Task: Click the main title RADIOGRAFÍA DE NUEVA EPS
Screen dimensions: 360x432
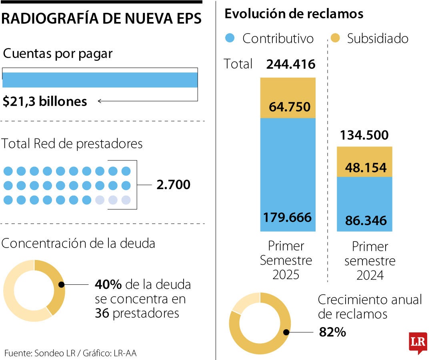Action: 102,19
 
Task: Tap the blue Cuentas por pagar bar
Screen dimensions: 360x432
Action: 100,80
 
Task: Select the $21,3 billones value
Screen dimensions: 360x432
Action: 45,102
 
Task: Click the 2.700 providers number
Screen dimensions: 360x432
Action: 173,185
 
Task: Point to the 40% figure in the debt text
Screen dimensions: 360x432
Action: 108,285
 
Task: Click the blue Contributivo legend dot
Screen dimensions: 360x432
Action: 230,38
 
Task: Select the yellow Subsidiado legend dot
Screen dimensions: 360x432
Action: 335,38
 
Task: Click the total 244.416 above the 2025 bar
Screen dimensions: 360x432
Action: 291,64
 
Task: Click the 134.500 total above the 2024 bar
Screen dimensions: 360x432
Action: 364,135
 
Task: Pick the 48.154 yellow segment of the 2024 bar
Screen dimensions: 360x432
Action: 364,168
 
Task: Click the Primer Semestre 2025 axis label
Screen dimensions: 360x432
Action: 286,260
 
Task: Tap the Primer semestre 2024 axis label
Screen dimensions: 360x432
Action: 370,261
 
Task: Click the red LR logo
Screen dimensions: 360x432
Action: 418,342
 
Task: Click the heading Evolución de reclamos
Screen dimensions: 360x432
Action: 294,14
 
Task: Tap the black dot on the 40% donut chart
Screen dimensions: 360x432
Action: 61,285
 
